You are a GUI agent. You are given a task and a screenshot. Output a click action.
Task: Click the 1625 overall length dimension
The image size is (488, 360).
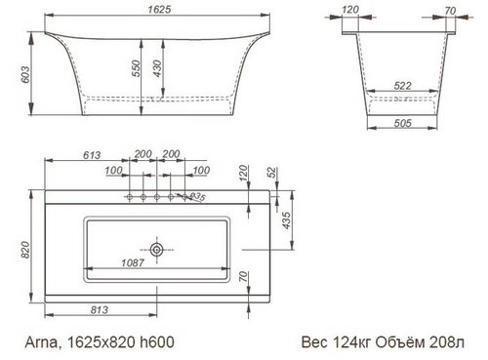159,9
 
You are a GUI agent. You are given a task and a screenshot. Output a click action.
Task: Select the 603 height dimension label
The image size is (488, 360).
25,74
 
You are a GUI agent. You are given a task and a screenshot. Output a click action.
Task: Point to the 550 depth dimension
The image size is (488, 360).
137,68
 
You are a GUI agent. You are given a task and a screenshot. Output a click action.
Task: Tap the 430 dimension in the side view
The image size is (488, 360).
157,68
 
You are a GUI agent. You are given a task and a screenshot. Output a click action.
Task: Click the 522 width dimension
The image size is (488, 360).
402,86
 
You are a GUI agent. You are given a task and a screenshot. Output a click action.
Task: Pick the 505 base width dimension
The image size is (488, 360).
402,123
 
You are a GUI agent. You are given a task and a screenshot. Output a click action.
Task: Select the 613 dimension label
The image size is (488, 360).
92,155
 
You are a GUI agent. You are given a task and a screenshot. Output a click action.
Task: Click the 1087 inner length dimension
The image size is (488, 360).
133,262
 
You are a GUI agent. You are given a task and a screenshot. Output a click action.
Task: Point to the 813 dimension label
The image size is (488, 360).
100,310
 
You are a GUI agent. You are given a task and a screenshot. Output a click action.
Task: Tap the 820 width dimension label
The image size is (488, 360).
25,250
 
